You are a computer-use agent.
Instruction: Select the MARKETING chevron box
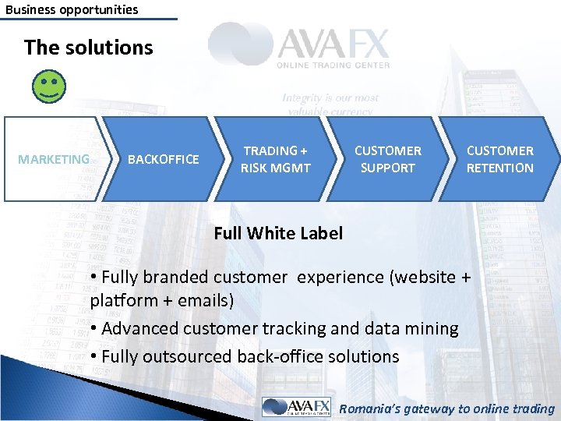(x=54, y=159)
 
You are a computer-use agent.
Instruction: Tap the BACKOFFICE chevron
(x=163, y=159)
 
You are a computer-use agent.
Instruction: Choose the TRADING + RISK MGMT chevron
(x=275, y=159)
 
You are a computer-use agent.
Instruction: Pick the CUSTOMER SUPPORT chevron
(x=387, y=159)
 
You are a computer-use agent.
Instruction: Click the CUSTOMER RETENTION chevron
(x=499, y=159)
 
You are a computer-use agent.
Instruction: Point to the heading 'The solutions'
(x=88, y=48)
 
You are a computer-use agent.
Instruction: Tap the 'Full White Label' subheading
(x=278, y=233)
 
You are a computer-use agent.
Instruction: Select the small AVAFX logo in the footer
(x=297, y=407)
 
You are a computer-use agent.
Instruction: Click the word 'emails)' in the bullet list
(x=206, y=299)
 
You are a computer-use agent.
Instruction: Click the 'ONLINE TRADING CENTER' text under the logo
(x=333, y=65)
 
